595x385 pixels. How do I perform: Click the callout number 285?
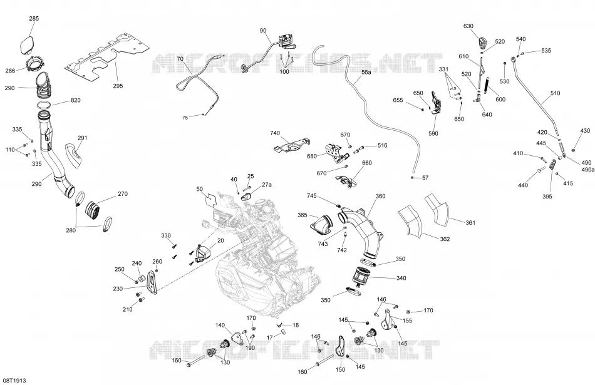point(34,18)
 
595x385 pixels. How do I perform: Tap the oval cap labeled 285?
point(28,44)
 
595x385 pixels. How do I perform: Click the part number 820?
point(76,101)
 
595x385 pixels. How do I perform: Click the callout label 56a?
point(366,72)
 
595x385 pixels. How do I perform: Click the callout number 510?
point(555,93)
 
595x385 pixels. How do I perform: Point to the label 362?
point(445,239)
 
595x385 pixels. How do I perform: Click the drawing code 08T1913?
point(14,380)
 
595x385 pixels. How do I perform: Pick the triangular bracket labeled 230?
point(152,282)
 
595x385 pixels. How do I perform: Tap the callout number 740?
point(275,133)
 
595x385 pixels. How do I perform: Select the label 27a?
point(267,184)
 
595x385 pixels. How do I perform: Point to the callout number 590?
point(433,133)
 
